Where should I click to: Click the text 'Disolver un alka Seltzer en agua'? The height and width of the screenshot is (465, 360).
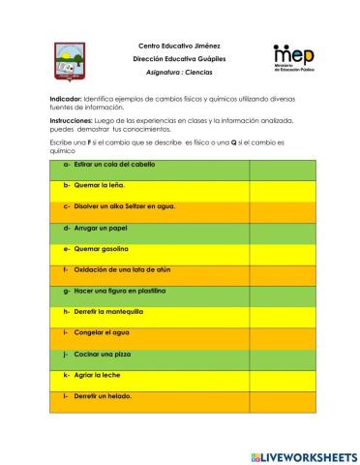(x=119, y=206)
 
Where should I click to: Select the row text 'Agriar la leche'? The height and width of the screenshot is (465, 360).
(x=94, y=375)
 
